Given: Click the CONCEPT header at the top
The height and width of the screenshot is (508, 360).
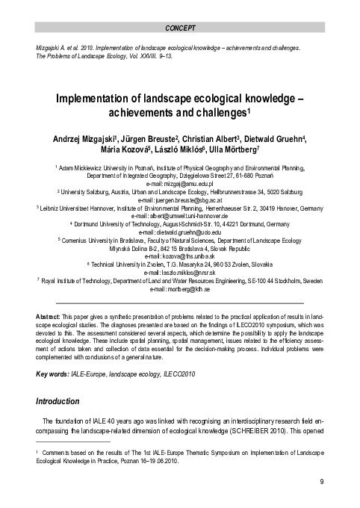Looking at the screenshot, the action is tap(180, 29).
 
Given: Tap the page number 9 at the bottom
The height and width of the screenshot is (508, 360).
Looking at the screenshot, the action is tap(321, 482).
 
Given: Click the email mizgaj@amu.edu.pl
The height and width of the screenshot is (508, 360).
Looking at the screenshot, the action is tap(180, 183).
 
